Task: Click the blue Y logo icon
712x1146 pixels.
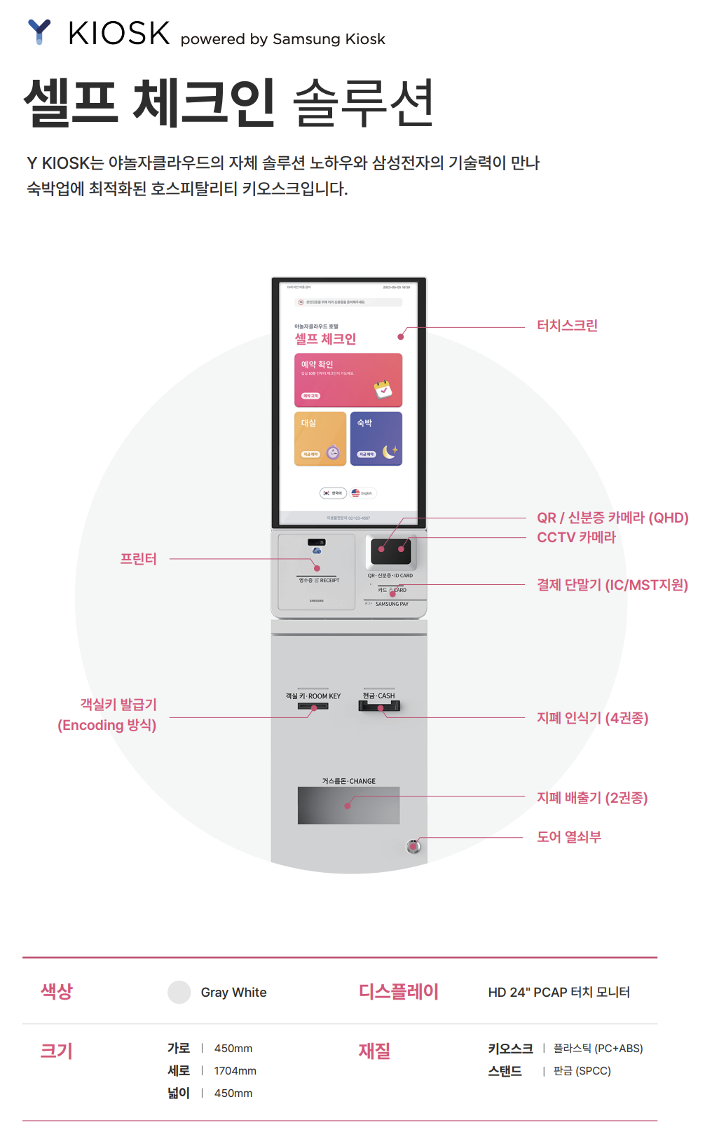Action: (39, 32)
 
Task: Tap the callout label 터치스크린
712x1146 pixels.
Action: (567, 326)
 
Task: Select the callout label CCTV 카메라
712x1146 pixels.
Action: (576, 537)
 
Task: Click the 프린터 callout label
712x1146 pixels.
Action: (138, 559)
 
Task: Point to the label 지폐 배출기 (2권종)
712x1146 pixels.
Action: (592, 798)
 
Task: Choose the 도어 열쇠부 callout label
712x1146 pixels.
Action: (569, 837)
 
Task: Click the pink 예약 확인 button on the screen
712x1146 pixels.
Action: (348, 380)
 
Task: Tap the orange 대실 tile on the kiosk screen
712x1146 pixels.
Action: (320, 439)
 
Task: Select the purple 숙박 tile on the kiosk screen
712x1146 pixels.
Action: (376, 439)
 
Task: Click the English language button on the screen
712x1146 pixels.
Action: (362, 493)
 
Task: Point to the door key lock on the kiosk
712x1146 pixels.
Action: (413, 846)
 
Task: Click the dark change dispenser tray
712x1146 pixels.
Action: (348, 806)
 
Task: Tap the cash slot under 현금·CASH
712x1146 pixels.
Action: (379, 706)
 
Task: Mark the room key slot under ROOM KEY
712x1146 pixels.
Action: (313, 706)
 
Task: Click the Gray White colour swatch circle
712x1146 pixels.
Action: (179, 993)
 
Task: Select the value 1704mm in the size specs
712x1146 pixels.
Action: (235, 1071)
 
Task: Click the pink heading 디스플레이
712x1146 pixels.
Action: (398, 992)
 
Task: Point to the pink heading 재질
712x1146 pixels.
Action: (374, 1051)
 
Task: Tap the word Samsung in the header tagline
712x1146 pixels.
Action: (306, 39)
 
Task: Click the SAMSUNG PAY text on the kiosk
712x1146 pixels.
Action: (391, 604)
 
